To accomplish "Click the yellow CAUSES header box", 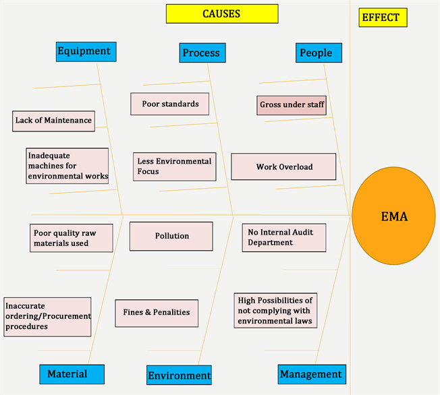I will [x=221, y=13].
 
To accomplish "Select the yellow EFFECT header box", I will [x=383, y=18].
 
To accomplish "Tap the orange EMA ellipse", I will [x=394, y=216].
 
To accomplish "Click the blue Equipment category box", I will [x=86, y=51].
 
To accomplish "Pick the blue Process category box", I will [x=202, y=53].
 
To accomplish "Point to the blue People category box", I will [x=318, y=53].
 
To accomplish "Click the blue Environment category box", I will [x=179, y=375].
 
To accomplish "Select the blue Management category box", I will [x=310, y=373].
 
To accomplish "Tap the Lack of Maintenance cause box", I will [x=53, y=121].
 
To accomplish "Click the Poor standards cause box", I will [x=170, y=104].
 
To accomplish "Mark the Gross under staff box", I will [x=292, y=104].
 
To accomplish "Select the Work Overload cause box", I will [x=283, y=166].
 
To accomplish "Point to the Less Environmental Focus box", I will [x=175, y=166].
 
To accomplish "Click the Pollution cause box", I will [x=171, y=236].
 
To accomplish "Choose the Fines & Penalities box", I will [x=157, y=312].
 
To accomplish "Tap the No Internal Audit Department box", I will [x=283, y=237].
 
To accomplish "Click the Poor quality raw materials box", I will [x=70, y=238].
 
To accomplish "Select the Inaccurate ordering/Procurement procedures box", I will [x=47, y=317].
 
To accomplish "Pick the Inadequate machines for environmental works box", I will [x=67, y=166].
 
